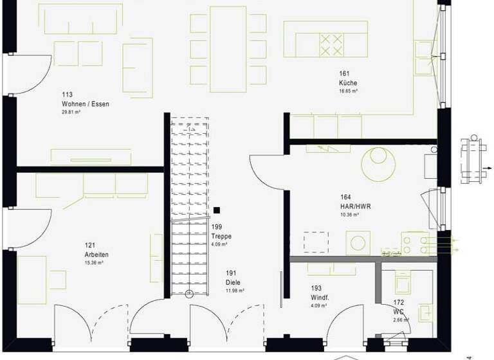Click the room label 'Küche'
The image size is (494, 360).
pos(348,83)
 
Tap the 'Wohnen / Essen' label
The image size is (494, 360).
pos(81,104)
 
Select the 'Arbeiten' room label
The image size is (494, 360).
pos(96,255)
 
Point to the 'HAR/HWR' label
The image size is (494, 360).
pos(356,206)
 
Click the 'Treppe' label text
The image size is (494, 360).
pos(221,237)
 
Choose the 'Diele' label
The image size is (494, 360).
pos(233,282)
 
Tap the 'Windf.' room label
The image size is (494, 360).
pos(320,297)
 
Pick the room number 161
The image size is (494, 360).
pos(345,74)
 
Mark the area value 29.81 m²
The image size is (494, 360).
pos(72,113)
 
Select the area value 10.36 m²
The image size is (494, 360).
pos(350,215)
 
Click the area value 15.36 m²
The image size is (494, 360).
pos(94,263)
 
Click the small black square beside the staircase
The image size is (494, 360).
pos(217,210)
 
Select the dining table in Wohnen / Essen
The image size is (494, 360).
pos(228,49)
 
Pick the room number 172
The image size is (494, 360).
pos(399,301)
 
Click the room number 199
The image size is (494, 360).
pos(217,227)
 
